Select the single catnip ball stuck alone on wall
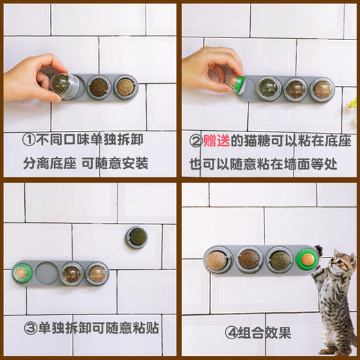click(136, 237)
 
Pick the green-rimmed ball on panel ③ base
click(22, 272)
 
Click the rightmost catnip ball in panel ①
click(125, 87)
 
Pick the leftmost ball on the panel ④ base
click(218, 259)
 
